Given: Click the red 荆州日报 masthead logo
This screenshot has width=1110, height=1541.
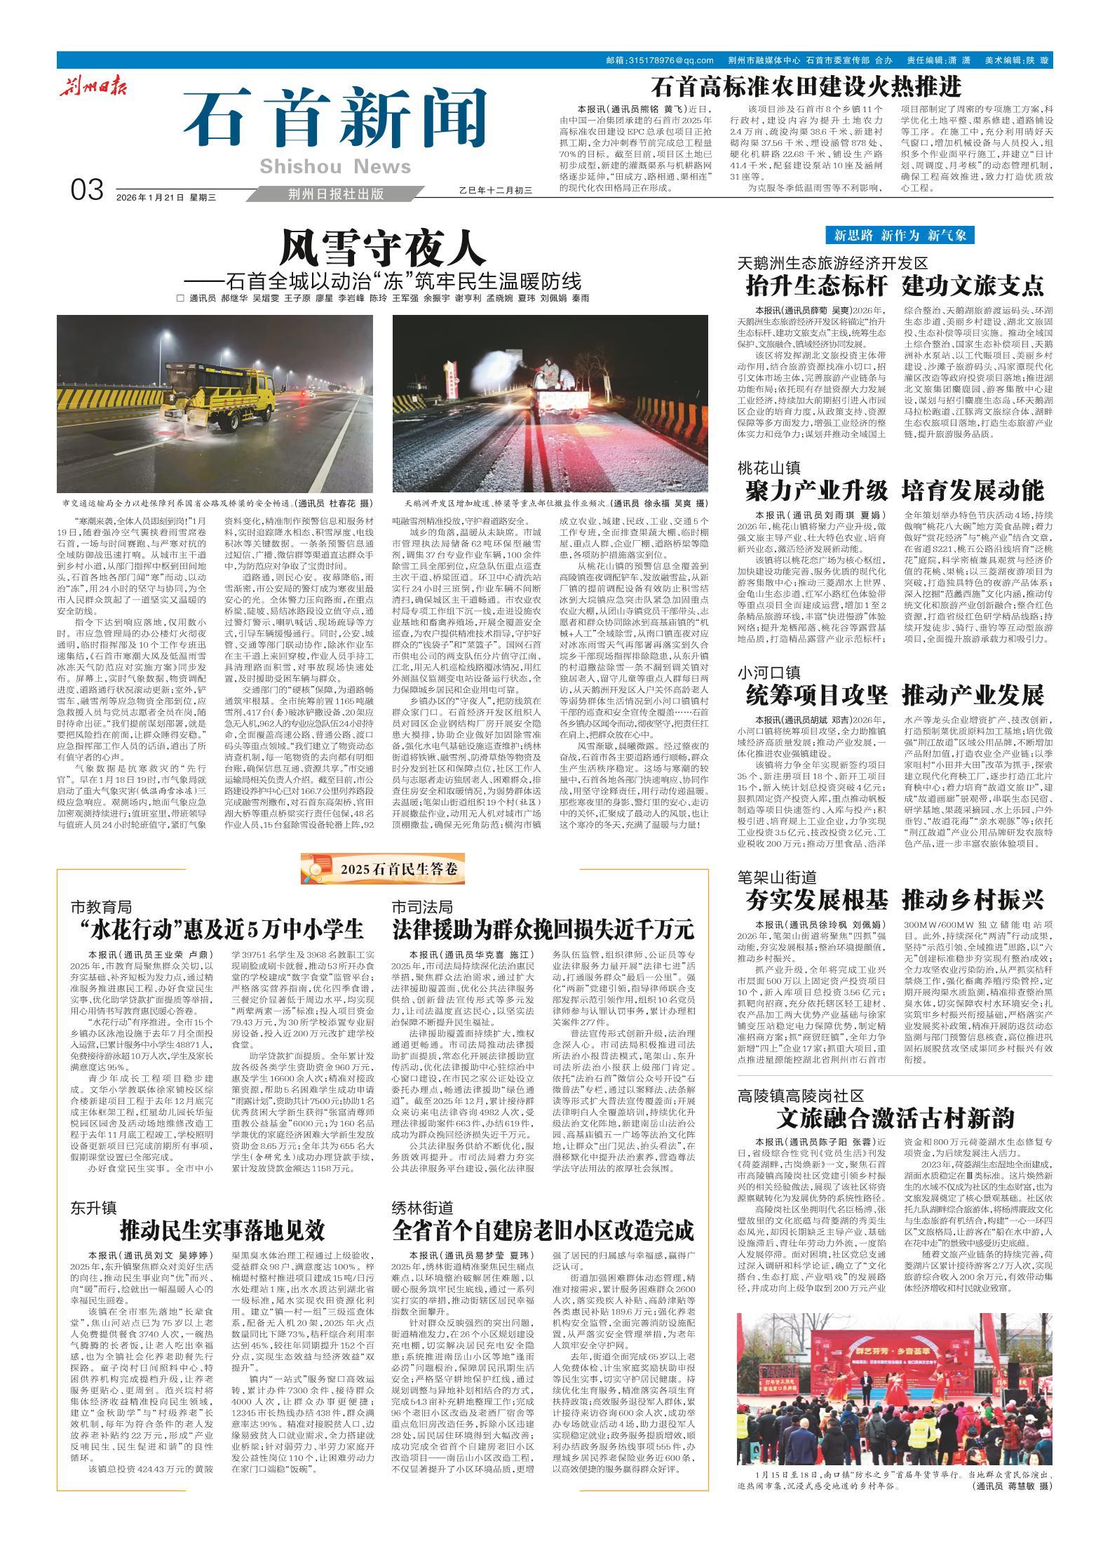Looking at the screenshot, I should coord(90,89).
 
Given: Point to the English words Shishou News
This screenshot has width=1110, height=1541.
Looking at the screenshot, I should coord(335,166).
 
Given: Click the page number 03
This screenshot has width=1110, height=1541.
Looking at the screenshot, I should coord(88,191).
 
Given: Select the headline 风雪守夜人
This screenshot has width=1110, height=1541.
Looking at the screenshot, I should coord(382,246).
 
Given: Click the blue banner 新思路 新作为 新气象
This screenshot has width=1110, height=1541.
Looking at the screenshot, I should coord(900,234).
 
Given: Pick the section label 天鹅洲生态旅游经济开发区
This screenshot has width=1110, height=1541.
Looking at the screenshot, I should coord(832,264).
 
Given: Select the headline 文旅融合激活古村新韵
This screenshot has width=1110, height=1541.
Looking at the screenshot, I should coord(895,1117).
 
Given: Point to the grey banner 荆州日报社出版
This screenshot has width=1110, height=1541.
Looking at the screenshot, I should coord(336,194).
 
